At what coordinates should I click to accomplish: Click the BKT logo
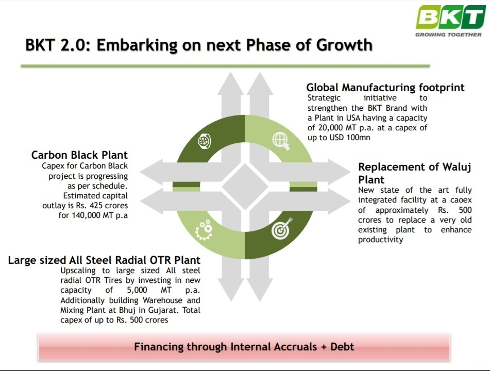click(x=451, y=18)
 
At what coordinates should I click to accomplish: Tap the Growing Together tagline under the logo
click(x=448, y=35)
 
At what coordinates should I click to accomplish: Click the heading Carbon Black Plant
click(x=79, y=155)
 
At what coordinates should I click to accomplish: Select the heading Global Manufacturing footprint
click(x=385, y=87)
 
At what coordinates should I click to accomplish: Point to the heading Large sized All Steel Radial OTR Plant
click(x=104, y=260)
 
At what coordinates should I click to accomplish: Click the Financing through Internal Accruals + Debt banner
click(x=244, y=347)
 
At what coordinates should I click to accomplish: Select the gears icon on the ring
click(x=204, y=229)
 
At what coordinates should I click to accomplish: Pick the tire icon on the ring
click(x=205, y=141)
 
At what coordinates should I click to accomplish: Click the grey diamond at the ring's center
click(x=245, y=187)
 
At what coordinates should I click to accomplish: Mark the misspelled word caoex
click(x=461, y=200)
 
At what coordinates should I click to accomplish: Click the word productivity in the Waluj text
click(x=381, y=240)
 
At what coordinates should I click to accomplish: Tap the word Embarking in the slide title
click(x=138, y=45)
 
